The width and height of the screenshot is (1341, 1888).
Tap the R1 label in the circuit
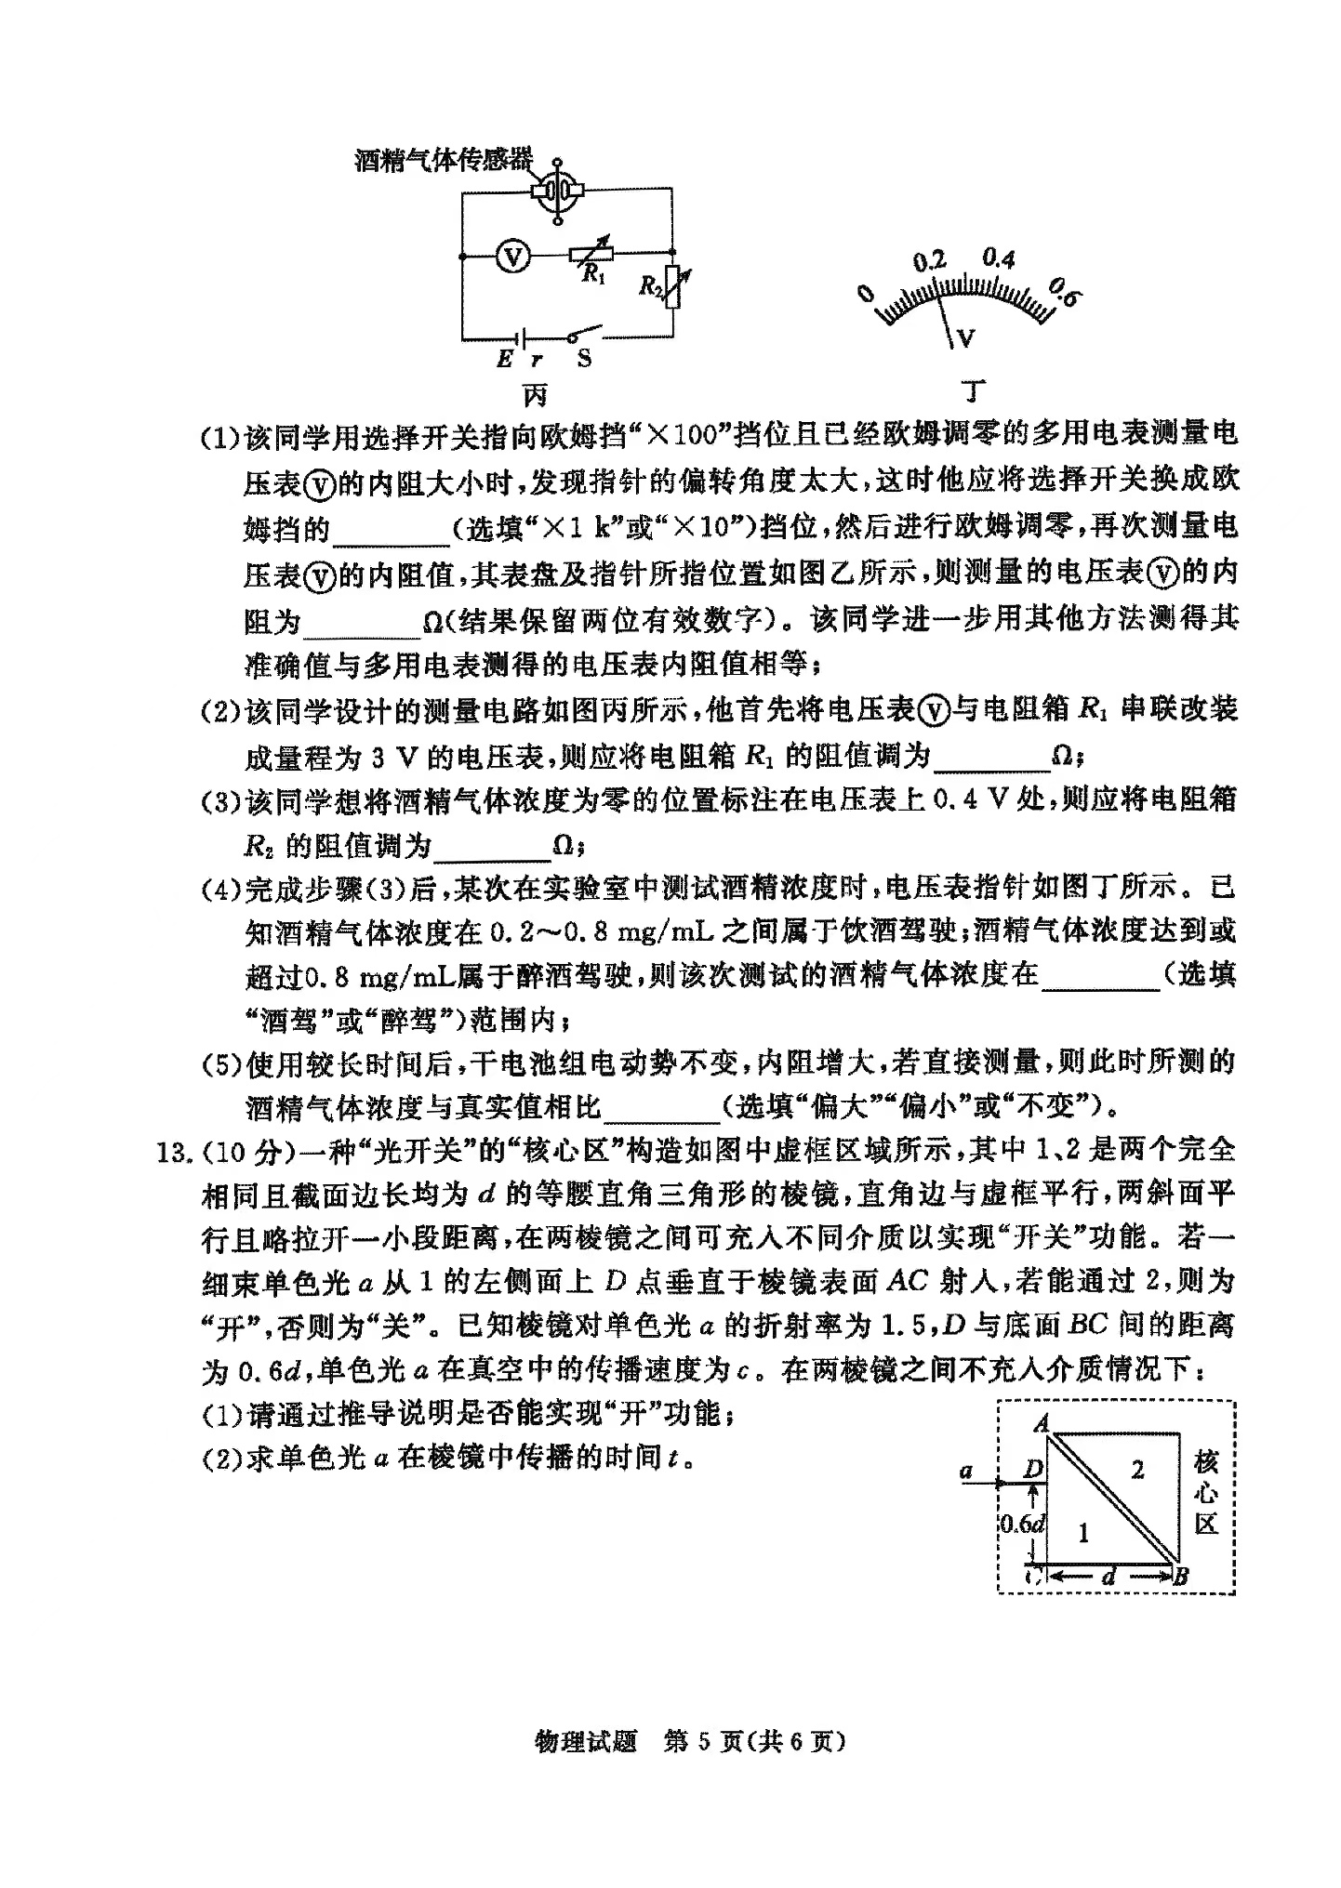(x=593, y=273)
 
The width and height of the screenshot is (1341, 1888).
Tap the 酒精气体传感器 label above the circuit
(x=444, y=160)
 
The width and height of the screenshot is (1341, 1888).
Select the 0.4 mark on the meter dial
(x=998, y=258)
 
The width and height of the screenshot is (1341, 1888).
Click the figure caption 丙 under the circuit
(x=535, y=394)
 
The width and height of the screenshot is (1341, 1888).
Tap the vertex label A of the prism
(x=1042, y=1423)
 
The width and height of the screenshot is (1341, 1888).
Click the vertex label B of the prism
(x=1180, y=1575)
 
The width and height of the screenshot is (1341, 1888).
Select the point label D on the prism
(x=1032, y=1470)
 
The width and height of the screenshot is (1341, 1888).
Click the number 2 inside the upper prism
(x=1136, y=1471)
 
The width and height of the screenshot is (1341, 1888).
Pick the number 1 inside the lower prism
(x=1082, y=1533)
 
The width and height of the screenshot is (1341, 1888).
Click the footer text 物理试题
(x=586, y=1741)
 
